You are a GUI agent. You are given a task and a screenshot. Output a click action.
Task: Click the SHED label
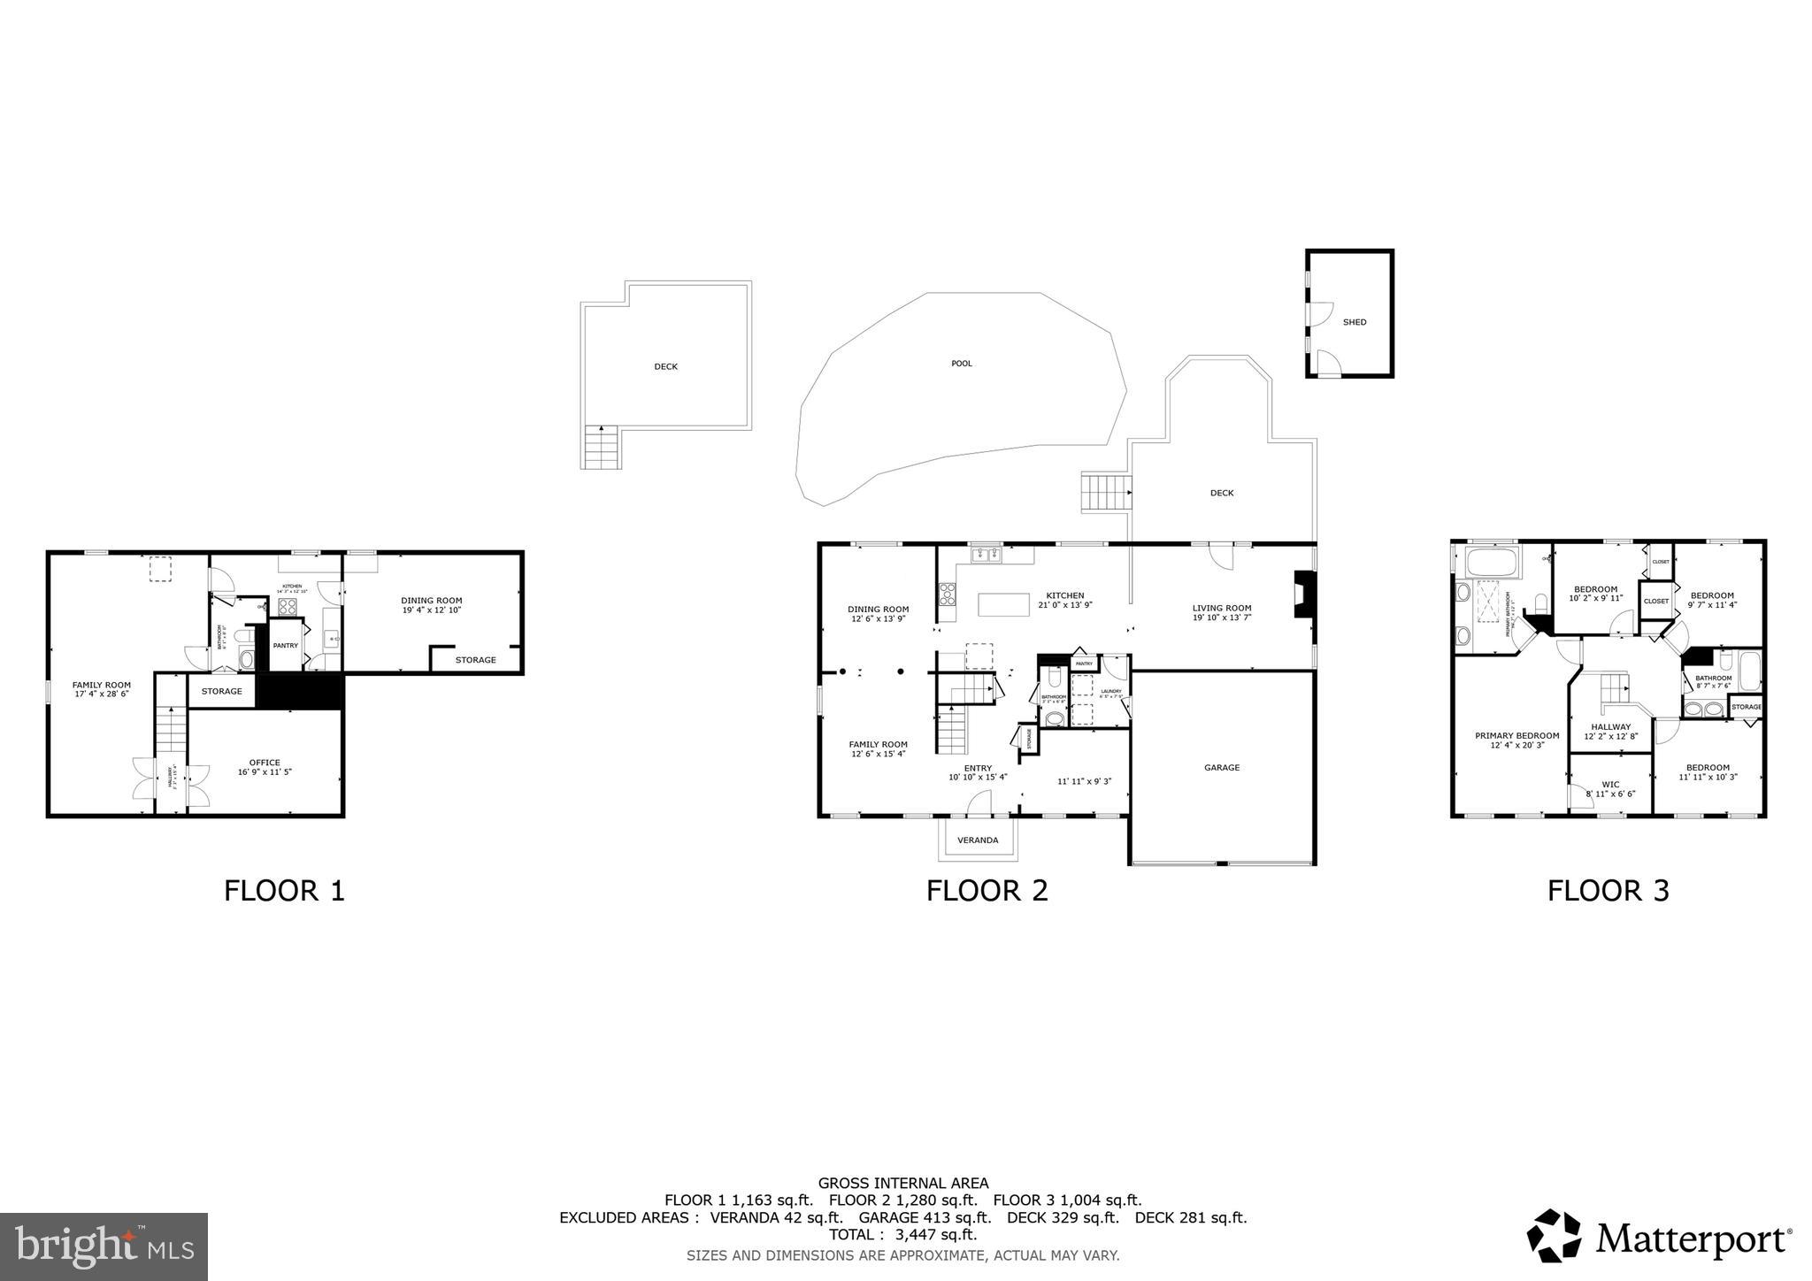coord(1355,322)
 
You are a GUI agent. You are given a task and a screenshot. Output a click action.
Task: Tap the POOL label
coord(961,364)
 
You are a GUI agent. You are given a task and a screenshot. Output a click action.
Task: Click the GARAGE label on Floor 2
coord(1221,768)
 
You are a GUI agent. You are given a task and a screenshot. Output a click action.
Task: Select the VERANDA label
coord(978,840)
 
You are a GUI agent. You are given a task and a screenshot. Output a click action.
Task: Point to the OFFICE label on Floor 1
coord(265,763)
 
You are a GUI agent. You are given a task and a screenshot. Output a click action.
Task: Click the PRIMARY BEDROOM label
coord(1516,736)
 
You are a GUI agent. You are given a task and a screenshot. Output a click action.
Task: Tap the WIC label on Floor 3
coord(1610,785)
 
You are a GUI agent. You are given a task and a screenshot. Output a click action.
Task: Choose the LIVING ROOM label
coord(1221,608)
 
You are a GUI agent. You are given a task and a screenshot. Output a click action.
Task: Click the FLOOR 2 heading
coord(987,890)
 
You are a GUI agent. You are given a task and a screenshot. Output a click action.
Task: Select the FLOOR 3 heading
coord(1608,890)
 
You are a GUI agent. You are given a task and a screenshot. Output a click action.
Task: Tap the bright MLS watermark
coord(104,1246)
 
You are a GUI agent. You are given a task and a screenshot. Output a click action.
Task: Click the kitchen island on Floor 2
coord(1003,604)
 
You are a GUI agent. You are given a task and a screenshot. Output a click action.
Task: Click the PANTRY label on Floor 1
coord(285,646)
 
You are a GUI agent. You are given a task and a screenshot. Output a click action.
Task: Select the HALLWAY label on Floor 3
coord(1610,727)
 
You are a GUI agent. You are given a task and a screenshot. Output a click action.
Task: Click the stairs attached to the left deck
coord(602,448)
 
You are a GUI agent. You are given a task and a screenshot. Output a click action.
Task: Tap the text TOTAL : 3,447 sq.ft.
coord(902,1235)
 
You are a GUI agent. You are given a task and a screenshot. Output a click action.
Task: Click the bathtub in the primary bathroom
coord(1492,562)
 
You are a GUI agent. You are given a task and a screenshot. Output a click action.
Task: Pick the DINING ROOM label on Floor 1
coord(432,601)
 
